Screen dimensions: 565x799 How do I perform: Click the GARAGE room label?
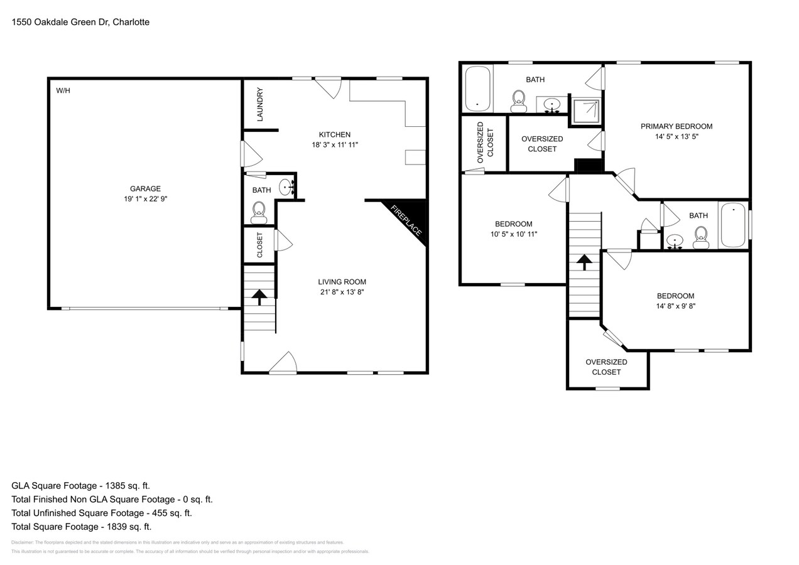(145, 188)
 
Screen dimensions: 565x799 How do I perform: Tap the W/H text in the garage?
(63, 91)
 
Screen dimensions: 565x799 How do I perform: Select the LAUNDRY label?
(259, 104)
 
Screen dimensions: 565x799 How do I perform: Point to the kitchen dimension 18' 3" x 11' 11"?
(335, 145)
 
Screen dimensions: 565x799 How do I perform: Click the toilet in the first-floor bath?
(258, 213)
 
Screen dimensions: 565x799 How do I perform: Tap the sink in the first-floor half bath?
(286, 186)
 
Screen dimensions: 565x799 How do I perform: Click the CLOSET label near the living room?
(259, 245)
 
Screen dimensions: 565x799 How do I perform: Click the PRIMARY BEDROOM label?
(676, 126)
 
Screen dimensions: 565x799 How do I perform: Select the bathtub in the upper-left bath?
(477, 88)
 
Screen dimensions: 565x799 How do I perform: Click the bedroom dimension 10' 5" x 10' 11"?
(513, 234)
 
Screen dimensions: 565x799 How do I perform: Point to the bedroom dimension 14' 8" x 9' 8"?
(675, 306)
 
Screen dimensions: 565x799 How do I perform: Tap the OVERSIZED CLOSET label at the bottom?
(606, 367)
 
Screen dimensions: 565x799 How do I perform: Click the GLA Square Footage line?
(80, 486)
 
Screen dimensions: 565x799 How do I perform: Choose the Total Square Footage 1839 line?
(81, 527)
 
